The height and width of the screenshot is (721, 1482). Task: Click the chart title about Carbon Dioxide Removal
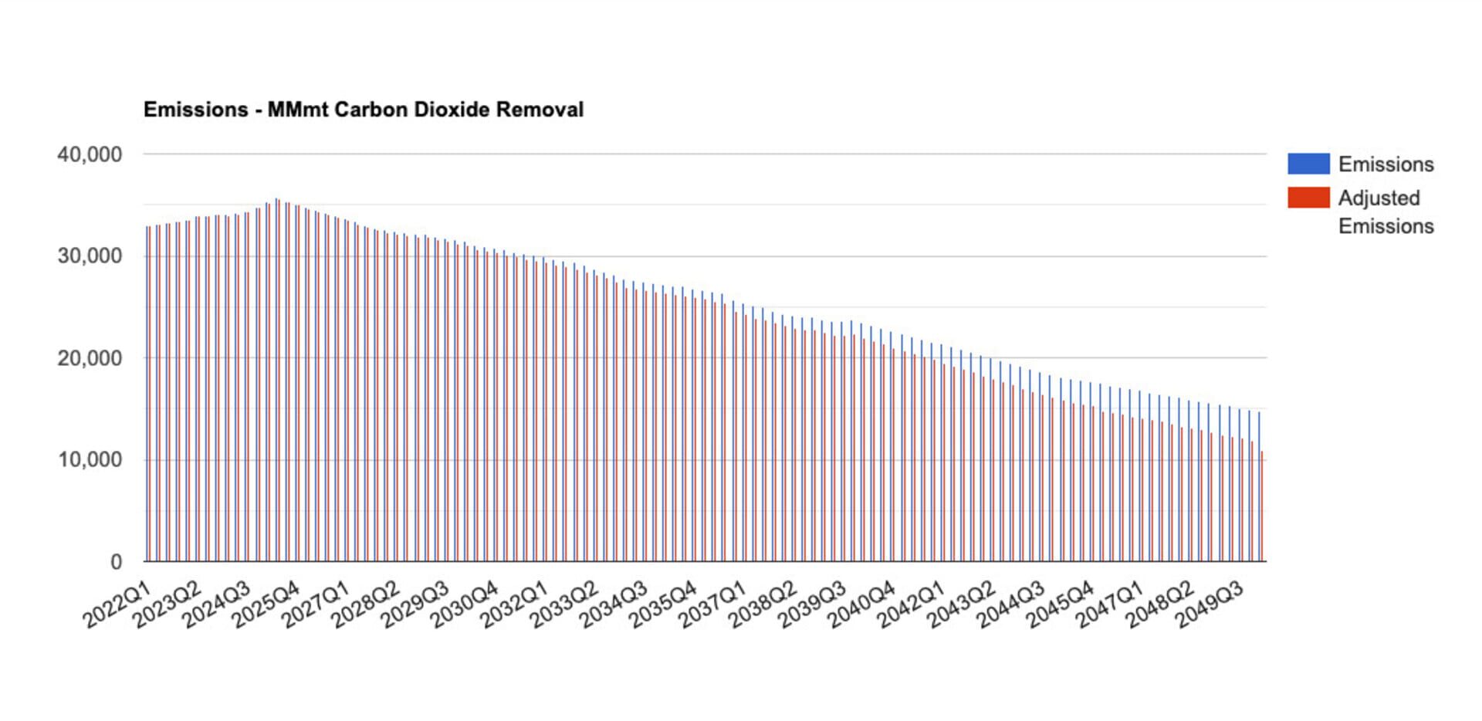(x=364, y=110)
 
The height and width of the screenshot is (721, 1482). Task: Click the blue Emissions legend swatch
(x=1308, y=164)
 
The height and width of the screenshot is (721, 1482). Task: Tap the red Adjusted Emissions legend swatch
(x=1308, y=198)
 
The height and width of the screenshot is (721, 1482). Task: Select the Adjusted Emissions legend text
(x=1386, y=212)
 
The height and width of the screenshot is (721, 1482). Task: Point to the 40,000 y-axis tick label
(x=90, y=154)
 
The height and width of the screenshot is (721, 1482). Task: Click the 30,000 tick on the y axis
(x=90, y=256)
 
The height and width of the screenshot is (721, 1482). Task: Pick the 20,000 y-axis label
(x=90, y=358)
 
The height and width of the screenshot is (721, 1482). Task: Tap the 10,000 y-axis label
(x=90, y=460)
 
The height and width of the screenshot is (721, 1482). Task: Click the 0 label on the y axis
(x=116, y=562)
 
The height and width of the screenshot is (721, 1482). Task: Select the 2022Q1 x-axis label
(x=117, y=606)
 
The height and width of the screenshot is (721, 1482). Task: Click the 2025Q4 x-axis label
(x=266, y=606)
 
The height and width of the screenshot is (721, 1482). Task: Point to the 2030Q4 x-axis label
(x=465, y=606)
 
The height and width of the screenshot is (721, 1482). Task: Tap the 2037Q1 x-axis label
(x=712, y=606)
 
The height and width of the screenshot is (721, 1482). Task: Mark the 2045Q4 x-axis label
(x=1060, y=606)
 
